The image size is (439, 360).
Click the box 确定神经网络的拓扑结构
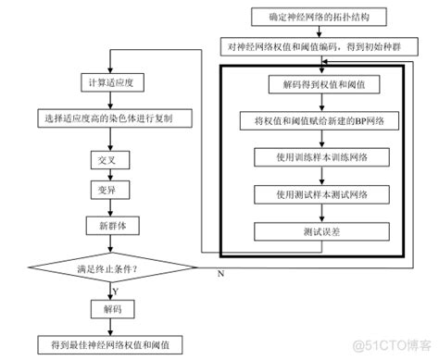(x=320, y=17)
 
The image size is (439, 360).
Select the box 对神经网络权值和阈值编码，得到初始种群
(x=320, y=45)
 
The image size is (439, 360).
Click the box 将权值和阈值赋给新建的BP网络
(x=320, y=121)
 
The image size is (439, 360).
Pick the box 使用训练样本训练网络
(x=320, y=157)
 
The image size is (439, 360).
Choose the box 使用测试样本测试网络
(x=320, y=194)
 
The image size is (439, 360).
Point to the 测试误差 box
(x=320, y=231)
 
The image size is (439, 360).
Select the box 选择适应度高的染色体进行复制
(x=110, y=118)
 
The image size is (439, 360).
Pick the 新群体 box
(x=110, y=225)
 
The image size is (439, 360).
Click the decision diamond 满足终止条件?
(x=110, y=267)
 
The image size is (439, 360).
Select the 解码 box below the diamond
(x=110, y=307)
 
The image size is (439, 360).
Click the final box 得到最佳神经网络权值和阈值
(x=110, y=343)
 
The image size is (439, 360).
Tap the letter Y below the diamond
(x=117, y=290)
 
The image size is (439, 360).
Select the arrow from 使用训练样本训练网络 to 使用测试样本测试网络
(x=320, y=176)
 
